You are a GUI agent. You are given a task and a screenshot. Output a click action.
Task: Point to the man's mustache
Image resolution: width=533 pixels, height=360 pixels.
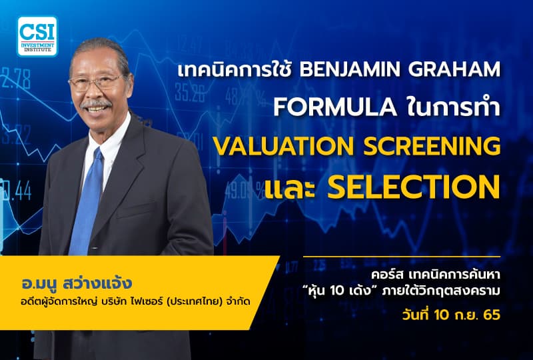tap(98, 105)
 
